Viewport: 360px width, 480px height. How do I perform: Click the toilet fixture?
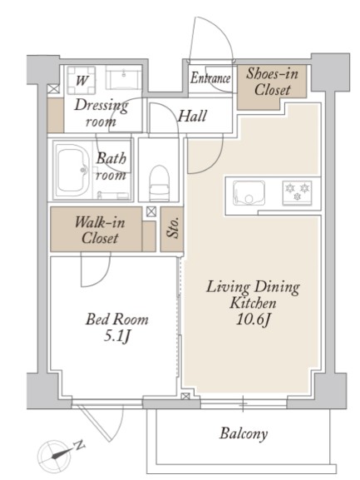(x=159, y=183)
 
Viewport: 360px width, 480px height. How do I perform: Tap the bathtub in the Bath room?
(x=72, y=171)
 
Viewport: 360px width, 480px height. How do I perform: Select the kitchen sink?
(x=249, y=193)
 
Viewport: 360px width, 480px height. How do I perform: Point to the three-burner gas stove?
(x=297, y=192)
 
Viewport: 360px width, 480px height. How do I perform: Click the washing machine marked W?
(x=81, y=80)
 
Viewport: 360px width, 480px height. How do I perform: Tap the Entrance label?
(x=210, y=77)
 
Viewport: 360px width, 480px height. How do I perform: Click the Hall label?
(x=192, y=116)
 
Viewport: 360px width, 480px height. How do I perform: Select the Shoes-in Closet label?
(x=272, y=82)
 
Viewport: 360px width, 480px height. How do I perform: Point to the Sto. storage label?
(x=172, y=228)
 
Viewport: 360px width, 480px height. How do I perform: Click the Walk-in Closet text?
(x=100, y=230)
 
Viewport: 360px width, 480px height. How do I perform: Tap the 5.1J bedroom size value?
(x=117, y=337)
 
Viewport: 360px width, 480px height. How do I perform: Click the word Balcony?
(x=244, y=433)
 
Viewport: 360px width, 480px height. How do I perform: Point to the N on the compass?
(x=80, y=445)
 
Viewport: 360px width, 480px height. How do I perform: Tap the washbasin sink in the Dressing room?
(x=124, y=77)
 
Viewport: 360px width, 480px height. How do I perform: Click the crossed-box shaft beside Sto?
(x=151, y=212)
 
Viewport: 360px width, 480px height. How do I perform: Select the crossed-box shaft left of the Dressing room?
(x=52, y=89)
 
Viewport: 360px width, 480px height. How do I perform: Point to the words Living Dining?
(x=253, y=287)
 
